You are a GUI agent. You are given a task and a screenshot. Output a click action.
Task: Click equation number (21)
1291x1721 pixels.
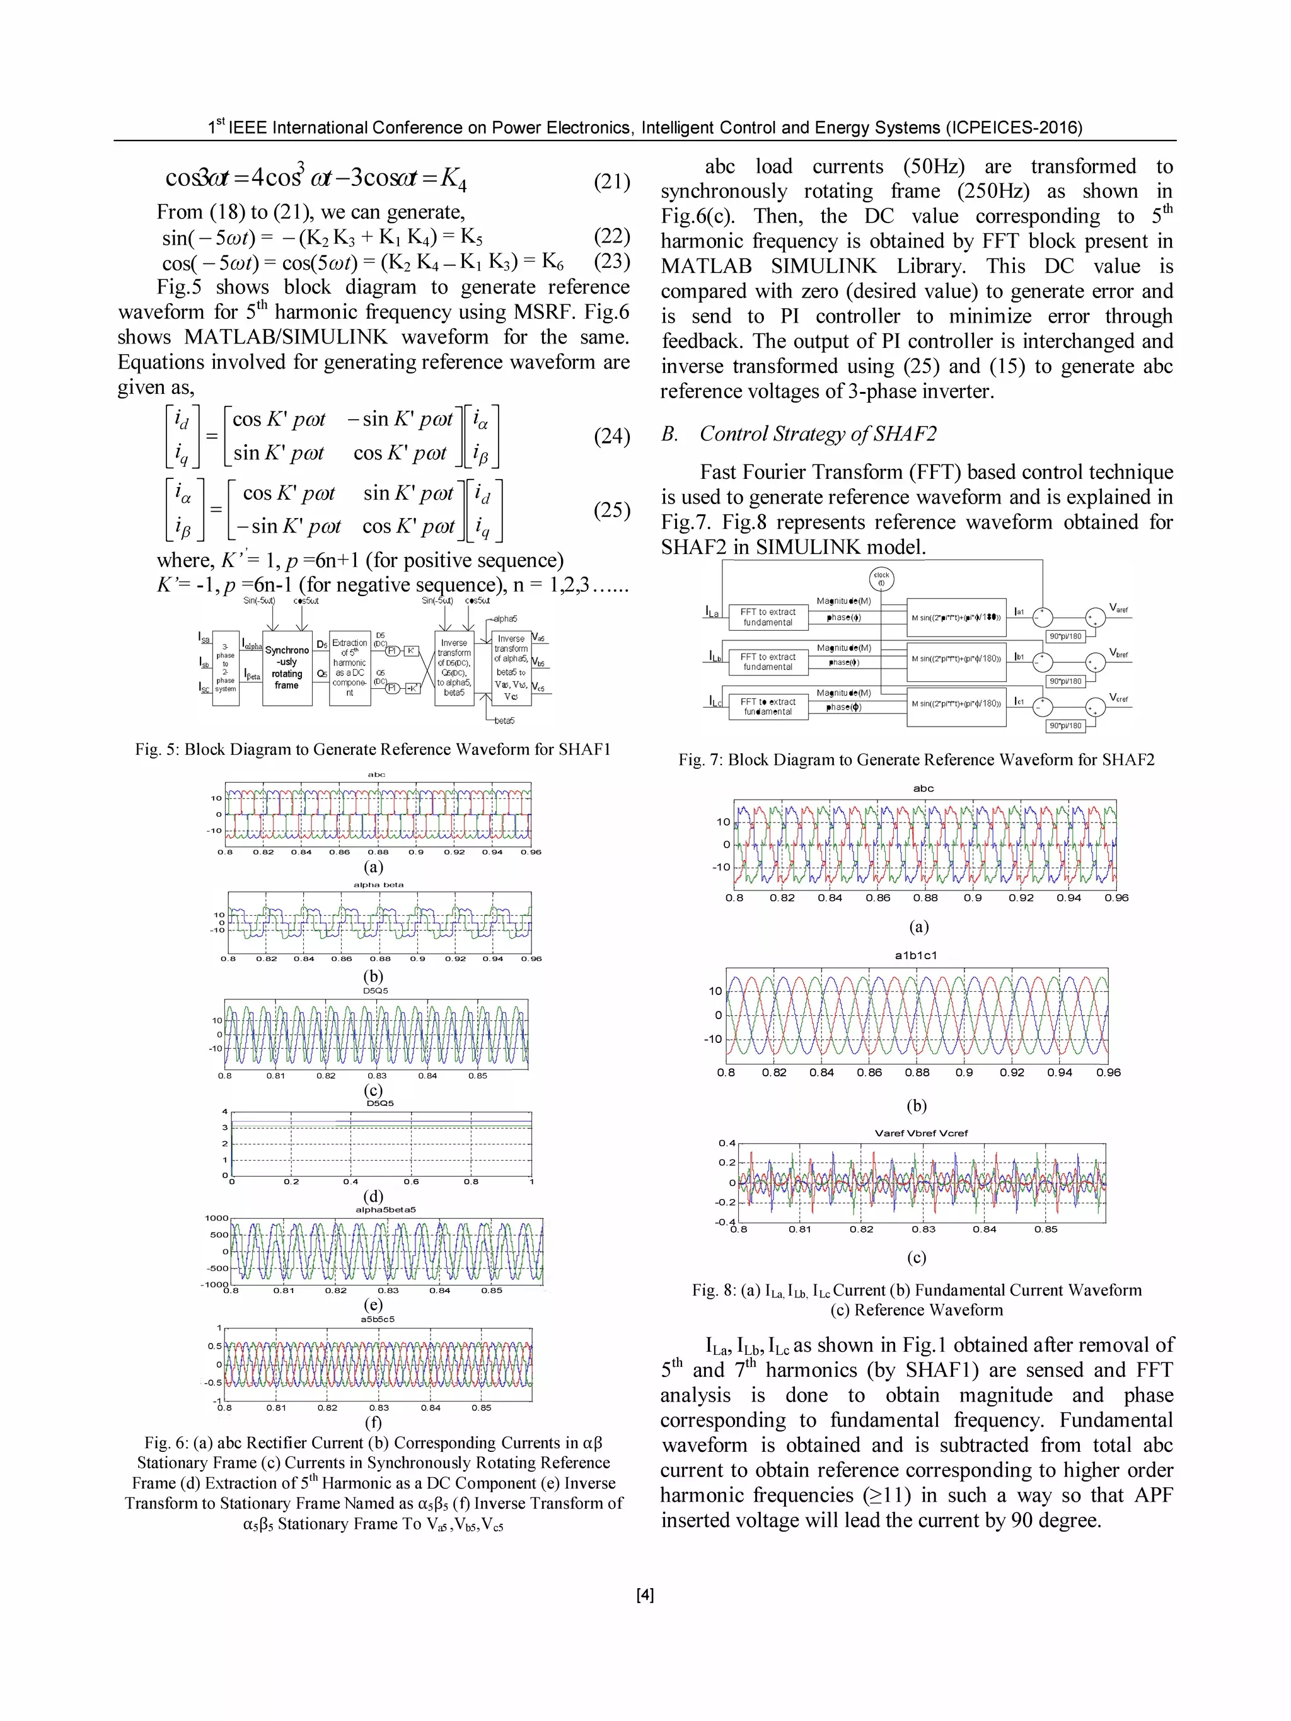pyautogui.click(x=611, y=181)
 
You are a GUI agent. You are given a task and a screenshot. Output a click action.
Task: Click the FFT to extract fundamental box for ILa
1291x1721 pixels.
pyautogui.click(x=767, y=617)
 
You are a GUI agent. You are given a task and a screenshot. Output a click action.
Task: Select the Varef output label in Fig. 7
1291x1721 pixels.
pyautogui.click(x=1118, y=608)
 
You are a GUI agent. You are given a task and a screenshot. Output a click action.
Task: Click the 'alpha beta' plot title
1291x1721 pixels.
pyautogui.click(x=378, y=885)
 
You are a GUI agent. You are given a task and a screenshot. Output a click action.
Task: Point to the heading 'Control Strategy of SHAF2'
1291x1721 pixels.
pyautogui.click(x=817, y=434)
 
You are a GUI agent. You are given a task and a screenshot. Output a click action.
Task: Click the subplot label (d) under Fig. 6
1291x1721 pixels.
pyautogui.click(x=374, y=1196)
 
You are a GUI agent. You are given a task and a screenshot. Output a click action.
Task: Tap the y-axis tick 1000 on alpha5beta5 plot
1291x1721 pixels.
pyautogui.click(x=216, y=1218)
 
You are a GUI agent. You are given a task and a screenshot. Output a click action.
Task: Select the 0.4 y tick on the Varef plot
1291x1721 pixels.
pyautogui.click(x=726, y=1143)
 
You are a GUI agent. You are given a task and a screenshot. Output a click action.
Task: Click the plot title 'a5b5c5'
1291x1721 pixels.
pyautogui.click(x=378, y=1319)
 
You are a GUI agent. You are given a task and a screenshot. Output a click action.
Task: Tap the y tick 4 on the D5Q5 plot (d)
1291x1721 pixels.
pyautogui.click(x=225, y=1111)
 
